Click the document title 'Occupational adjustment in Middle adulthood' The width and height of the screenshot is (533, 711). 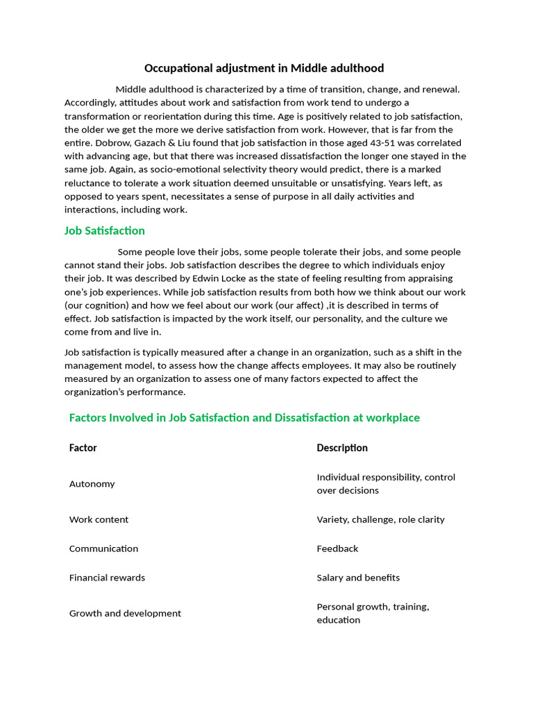264,68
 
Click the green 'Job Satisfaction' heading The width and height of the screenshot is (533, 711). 104,231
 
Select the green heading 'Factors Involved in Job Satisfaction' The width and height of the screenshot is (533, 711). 244,417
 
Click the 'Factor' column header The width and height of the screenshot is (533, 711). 83,448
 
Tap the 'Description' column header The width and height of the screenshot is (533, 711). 342,448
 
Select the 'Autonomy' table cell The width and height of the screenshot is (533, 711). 92,484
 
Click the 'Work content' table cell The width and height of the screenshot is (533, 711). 99,519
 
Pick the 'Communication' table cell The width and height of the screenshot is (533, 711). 103,549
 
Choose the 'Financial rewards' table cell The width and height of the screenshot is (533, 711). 107,578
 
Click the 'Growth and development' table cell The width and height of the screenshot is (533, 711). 125,613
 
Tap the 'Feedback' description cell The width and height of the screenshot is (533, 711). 337,549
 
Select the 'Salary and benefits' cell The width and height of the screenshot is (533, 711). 358,578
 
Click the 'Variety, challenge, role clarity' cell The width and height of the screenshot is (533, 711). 380,519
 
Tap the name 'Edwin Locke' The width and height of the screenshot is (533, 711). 220,278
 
